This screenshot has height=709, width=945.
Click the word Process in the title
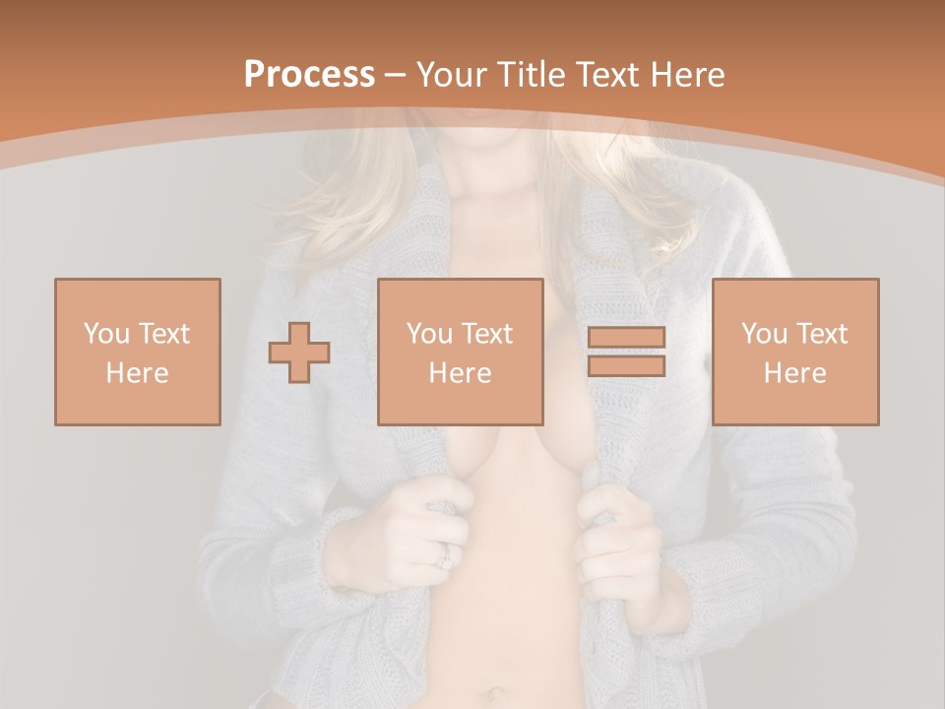pyautogui.click(x=309, y=74)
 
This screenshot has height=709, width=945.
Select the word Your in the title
pyautogui.click(x=451, y=74)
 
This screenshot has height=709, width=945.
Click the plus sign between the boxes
pyautogui.click(x=299, y=352)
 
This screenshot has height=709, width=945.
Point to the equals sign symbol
pyautogui.click(x=626, y=352)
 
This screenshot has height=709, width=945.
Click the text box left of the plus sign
pyautogui.click(x=138, y=352)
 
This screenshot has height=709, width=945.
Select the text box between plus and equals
pyautogui.click(x=461, y=352)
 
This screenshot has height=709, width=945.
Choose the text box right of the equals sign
pyautogui.click(x=795, y=352)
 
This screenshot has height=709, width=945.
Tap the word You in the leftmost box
pyautogui.click(x=105, y=334)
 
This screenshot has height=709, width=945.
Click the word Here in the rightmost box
pyautogui.click(x=795, y=373)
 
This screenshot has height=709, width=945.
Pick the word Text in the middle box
pyautogui.click(x=487, y=334)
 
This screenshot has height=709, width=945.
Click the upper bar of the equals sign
pyautogui.click(x=626, y=338)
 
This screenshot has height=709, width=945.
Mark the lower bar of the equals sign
pyautogui.click(x=626, y=365)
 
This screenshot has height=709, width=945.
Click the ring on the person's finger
pyautogui.click(x=446, y=557)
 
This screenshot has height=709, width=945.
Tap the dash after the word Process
pyautogui.click(x=397, y=75)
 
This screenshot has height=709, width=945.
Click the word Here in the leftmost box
pyautogui.click(x=138, y=373)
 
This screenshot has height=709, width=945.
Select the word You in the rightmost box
pyautogui.click(x=763, y=334)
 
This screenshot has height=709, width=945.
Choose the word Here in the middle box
pyautogui.click(x=461, y=373)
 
